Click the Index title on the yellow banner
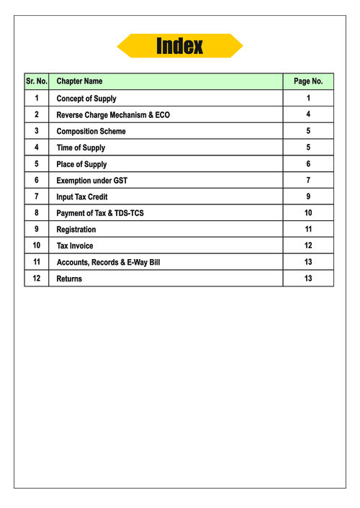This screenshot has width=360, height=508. click(x=180, y=47)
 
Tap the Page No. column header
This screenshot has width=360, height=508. click(x=308, y=82)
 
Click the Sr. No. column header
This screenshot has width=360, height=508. click(x=36, y=82)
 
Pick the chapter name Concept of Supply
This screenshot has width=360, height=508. click(x=86, y=99)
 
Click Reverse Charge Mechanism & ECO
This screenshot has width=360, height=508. click(x=113, y=115)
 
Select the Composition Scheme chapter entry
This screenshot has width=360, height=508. click(x=91, y=132)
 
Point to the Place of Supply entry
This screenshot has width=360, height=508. click(x=81, y=164)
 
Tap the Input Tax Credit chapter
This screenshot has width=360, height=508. click(x=82, y=196)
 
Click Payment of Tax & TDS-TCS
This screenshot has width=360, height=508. click(x=105, y=213)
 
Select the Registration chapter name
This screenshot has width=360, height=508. click(x=76, y=230)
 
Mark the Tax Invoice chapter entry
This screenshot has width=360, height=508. click(x=75, y=246)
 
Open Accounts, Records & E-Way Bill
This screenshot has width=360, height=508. click(x=108, y=262)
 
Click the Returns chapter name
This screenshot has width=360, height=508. click(x=69, y=278)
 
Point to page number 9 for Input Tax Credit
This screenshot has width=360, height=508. click(x=308, y=196)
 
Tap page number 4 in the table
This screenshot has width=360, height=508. click(x=308, y=115)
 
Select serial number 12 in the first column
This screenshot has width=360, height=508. click(x=36, y=278)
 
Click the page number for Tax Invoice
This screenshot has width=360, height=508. click(x=308, y=246)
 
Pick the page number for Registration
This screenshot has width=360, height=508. click(x=308, y=230)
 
